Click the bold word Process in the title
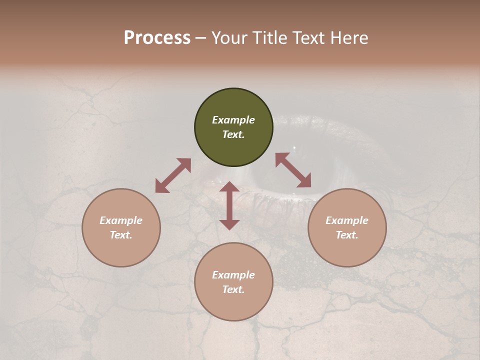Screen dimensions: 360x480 157,38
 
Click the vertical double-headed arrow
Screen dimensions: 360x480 229,206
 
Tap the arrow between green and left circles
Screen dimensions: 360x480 173,175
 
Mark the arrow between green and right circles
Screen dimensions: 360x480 293,170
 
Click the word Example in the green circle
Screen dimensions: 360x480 233,120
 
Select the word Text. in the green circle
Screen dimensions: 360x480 233,135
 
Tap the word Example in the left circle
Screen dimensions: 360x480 121,220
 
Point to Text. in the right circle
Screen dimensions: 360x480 347,235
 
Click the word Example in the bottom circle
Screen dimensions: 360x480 233,275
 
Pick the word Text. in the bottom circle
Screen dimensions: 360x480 233,289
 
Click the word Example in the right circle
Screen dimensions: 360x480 347,220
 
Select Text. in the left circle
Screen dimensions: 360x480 121,235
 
